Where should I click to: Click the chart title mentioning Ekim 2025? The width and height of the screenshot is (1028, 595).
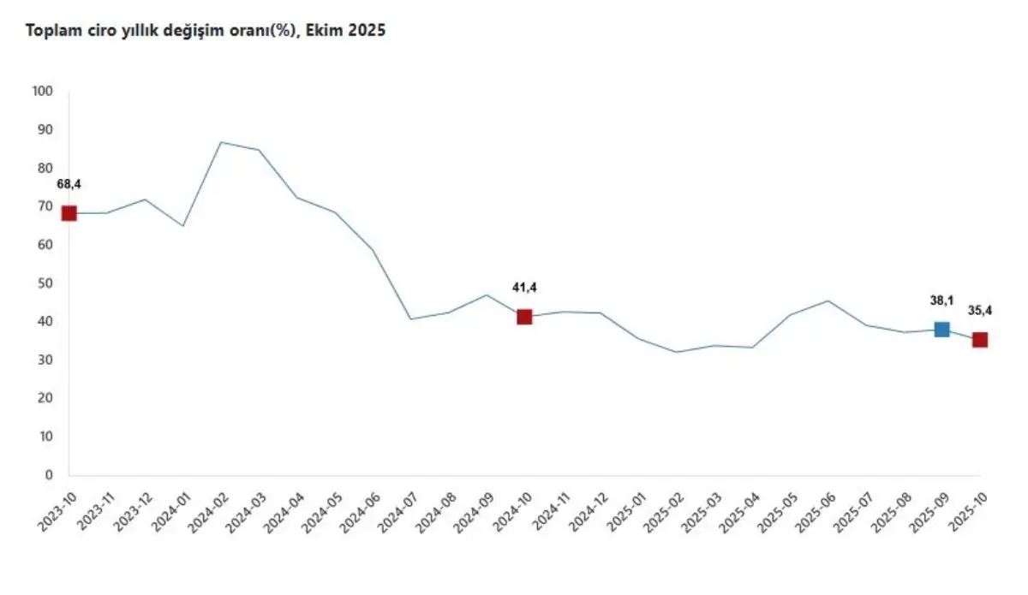click(x=206, y=31)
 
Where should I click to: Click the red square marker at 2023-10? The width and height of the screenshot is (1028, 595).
click(x=69, y=213)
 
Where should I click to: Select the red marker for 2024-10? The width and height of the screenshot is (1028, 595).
click(x=524, y=317)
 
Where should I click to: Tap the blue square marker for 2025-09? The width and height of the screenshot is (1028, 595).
click(x=941, y=330)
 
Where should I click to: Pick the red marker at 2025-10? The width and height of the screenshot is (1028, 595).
click(x=980, y=340)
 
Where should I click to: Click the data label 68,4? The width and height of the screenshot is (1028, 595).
click(x=69, y=184)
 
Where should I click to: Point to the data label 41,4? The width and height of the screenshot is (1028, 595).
click(x=524, y=288)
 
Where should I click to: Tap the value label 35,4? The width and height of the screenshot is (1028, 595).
click(x=980, y=310)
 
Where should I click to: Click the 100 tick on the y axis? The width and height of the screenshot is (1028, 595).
click(x=42, y=92)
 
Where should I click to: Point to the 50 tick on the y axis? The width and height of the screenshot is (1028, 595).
click(x=45, y=283)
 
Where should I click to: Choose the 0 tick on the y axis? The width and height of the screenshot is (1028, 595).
click(x=49, y=475)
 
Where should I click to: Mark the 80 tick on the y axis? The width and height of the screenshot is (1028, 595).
click(x=45, y=169)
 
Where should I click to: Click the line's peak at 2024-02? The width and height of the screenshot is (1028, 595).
click(x=221, y=142)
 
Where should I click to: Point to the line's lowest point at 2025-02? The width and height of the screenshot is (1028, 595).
click(x=677, y=352)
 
